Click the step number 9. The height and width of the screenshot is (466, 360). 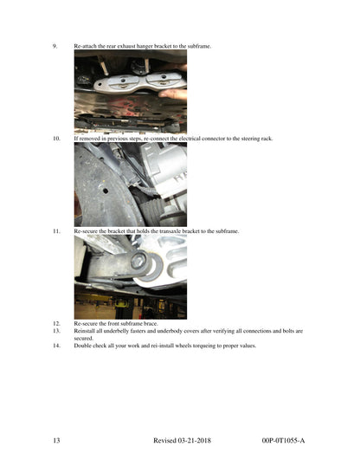pyautogui.click(x=55, y=46)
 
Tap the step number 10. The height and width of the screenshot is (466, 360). pyautogui.click(x=56, y=139)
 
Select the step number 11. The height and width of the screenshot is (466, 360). pyautogui.click(x=56, y=231)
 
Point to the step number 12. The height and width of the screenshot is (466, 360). pyautogui.click(x=56, y=323)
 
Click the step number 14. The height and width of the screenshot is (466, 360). pyautogui.click(x=56, y=346)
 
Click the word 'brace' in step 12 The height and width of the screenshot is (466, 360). pyautogui.click(x=151, y=323)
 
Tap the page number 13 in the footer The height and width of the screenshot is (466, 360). pyautogui.click(x=56, y=440)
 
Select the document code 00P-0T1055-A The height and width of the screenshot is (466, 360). pyautogui.click(x=283, y=440)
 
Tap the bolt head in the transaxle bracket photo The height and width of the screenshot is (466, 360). pyautogui.click(x=138, y=261)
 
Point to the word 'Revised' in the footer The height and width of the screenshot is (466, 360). pyautogui.click(x=164, y=440)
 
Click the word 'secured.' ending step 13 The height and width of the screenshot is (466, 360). pyautogui.click(x=83, y=338)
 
